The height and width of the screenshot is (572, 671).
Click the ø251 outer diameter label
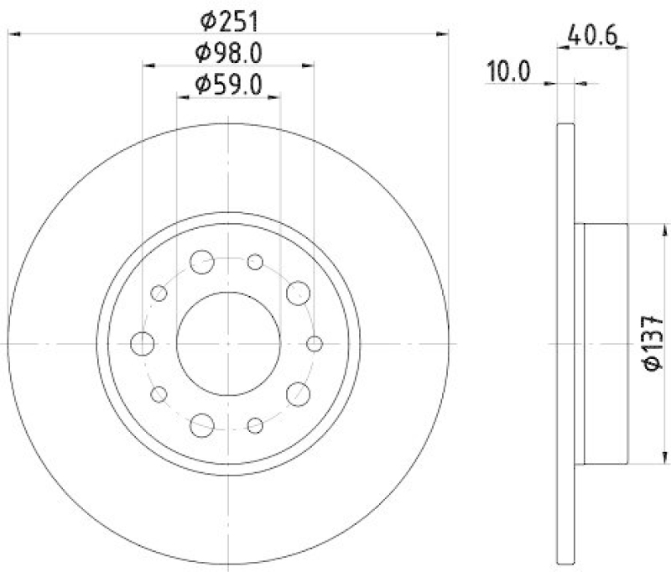click(228, 18)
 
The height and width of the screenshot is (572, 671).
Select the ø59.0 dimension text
click(228, 84)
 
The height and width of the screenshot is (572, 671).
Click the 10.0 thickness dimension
click(510, 72)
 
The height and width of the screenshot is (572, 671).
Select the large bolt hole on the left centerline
click(143, 344)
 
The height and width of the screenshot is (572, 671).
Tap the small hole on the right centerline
click(315, 344)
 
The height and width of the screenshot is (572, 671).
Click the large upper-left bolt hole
click(201, 263)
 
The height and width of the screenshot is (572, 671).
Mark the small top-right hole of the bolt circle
click(256, 263)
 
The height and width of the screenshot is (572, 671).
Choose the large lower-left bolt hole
click(201, 425)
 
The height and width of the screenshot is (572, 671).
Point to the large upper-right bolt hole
click(298, 293)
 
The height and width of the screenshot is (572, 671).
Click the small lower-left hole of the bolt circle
click(159, 394)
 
